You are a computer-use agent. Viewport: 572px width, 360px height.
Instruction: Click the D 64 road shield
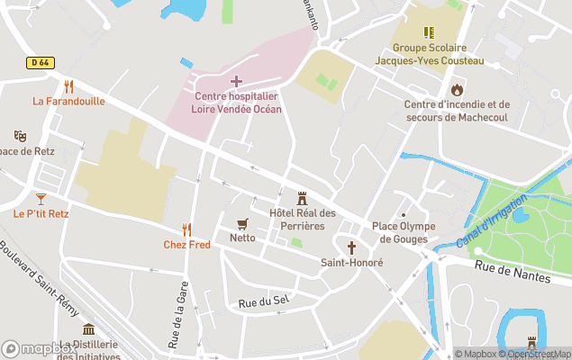tap(37, 61)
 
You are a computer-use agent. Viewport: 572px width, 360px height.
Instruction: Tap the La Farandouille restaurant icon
tap(68, 86)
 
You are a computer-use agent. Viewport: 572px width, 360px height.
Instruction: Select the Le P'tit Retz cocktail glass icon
tap(41, 198)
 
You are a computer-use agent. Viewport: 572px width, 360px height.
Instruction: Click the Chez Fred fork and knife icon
tap(186, 229)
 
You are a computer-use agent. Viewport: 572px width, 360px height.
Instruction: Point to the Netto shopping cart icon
tap(241, 223)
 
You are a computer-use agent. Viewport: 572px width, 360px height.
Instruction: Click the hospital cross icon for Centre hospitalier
tap(236, 82)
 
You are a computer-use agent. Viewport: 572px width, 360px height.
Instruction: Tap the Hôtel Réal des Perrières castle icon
tap(302, 198)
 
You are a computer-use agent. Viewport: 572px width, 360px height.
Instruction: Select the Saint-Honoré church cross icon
tap(351, 247)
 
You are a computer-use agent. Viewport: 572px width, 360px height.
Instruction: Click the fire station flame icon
tap(457, 89)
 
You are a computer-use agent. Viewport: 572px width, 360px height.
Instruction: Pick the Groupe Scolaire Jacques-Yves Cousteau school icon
tap(429, 33)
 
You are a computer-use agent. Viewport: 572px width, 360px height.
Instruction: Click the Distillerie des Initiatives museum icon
tap(88, 329)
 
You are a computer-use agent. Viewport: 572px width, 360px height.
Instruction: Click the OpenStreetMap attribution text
tap(536, 354)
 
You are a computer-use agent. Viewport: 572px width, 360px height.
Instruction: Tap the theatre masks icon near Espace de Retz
tap(20, 136)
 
